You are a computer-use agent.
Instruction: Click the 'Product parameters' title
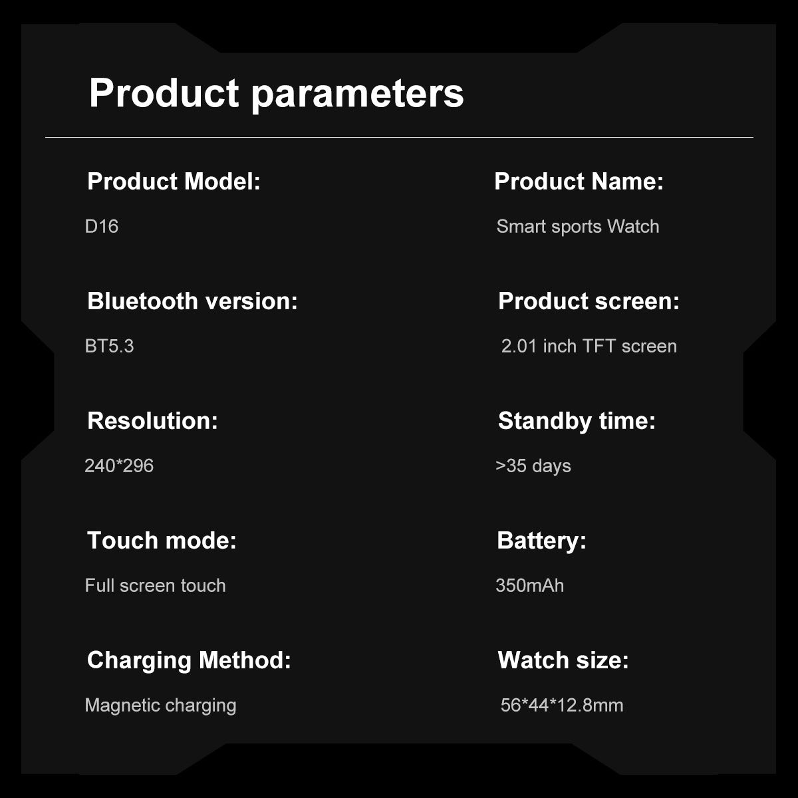(276, 94)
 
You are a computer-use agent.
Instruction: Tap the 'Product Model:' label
(174, 182)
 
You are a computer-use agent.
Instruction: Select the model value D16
(102, 227)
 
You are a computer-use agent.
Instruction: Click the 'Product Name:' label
(579, 182)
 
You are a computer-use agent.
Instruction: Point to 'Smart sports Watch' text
(578, 227)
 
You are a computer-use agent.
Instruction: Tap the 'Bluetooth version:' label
(193, 301)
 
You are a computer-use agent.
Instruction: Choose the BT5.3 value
(109, 346)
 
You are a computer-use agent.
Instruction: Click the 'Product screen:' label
(589, 301)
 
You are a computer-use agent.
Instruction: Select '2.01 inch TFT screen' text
(589, 346)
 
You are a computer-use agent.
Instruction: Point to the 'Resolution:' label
(152, 421)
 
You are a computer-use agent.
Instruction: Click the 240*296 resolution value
(119, 466)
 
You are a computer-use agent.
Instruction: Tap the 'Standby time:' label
(577, 421)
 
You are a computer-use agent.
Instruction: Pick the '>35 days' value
(533, 466)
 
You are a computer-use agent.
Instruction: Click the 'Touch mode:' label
(162, 541)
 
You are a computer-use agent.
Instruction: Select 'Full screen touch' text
(156, 586)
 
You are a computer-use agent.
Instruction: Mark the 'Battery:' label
(542, 541)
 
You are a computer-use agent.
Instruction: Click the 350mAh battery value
(529, 586)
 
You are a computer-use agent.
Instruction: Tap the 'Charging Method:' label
(189, 660)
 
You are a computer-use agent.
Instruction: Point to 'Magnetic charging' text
(161, 706)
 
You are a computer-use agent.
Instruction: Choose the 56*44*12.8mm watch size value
(562, 706)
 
